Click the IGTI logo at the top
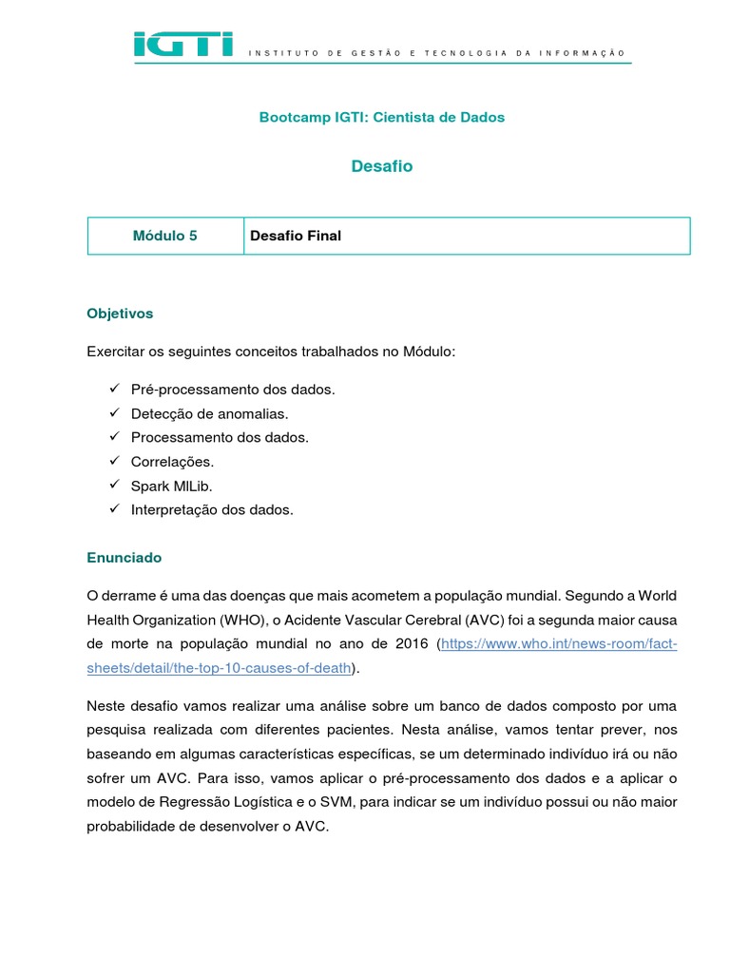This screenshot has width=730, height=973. [x=182, y=44]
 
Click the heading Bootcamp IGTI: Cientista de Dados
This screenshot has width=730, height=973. [x=382, y=117]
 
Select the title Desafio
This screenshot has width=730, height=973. [x=382, y=166]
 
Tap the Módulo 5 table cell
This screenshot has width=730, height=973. [x=165, y=236]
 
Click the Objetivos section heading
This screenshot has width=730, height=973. [x=120, y=313]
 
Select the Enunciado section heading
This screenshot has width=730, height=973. [x=125, y=557]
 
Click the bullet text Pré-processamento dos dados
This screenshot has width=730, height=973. [x=233, y=390]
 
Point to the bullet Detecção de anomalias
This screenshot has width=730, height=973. [x=208, y=413]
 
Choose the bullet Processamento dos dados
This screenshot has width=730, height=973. [x=220, y=437]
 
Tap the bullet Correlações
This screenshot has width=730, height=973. [x=172, y=461]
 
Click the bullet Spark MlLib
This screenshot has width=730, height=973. [x=172, y=486]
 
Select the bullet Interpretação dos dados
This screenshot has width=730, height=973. [x=212, y=509]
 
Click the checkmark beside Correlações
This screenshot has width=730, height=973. [x=113, y=461]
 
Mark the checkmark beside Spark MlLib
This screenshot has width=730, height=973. [x=113, y=486]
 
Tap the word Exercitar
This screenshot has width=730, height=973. [x=115, y=352]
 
